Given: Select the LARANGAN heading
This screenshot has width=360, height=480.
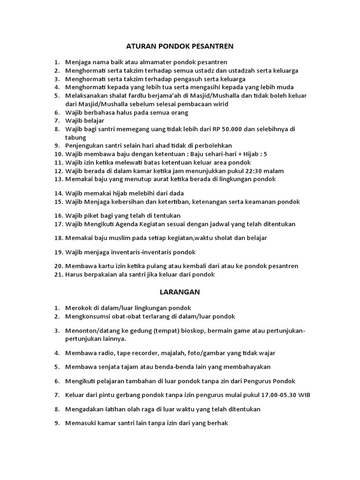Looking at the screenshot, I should [180, 292].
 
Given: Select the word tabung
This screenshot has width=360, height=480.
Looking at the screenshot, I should [76, 137].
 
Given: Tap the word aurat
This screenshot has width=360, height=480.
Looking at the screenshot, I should [167, 179].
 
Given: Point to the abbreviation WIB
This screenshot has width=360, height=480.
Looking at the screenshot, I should [303, 395].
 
